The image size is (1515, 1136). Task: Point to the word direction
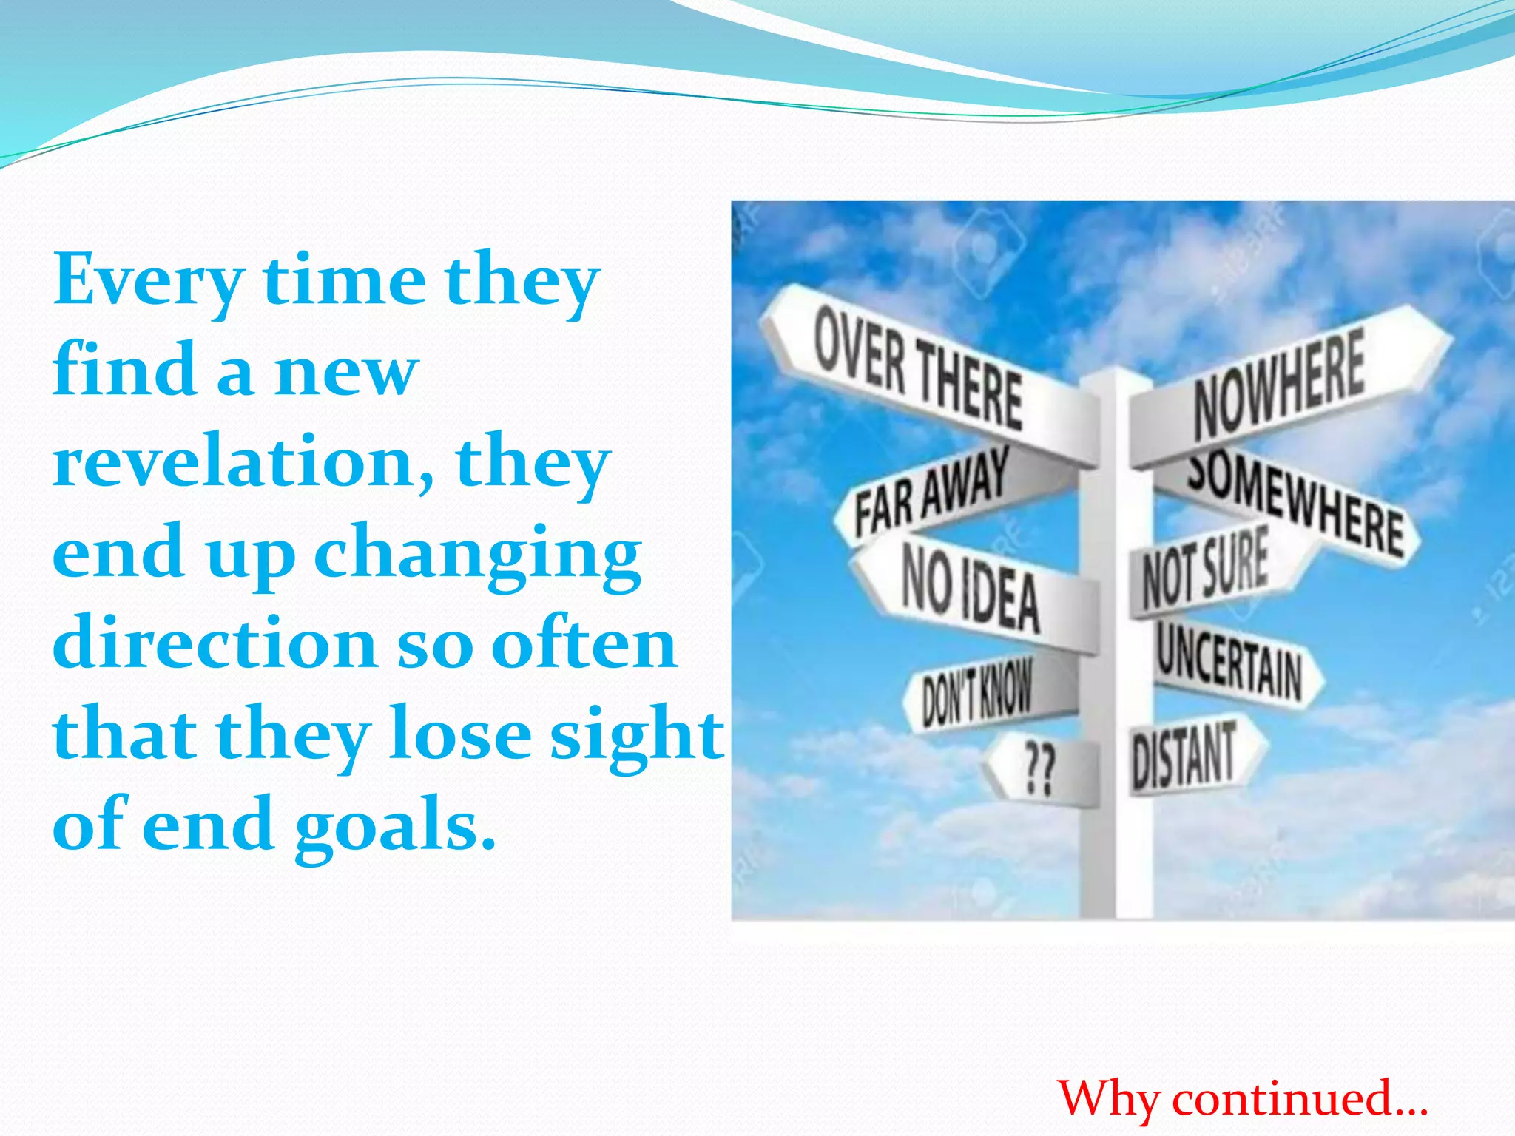pos(215,643)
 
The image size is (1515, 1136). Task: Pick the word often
pos(584,643)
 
